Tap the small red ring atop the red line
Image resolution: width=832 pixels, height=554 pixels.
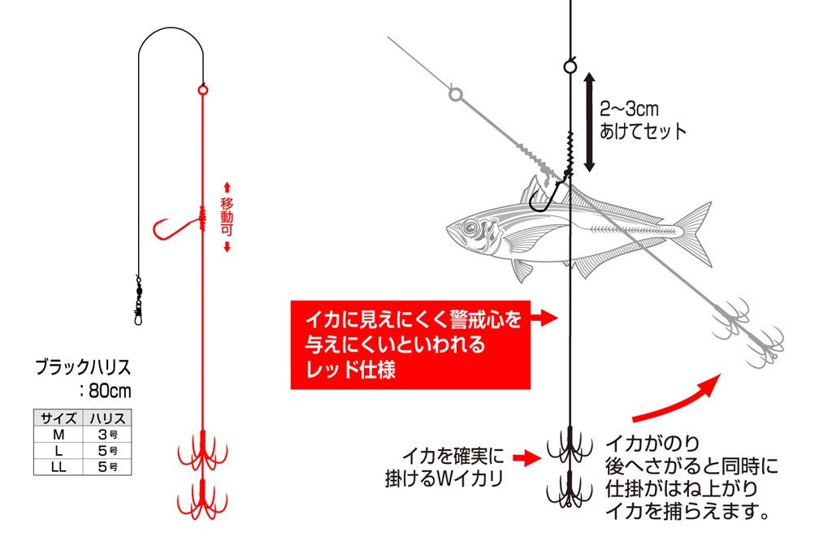202,89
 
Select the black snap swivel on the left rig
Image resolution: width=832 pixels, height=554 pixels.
138,297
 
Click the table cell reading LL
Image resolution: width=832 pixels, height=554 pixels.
58,466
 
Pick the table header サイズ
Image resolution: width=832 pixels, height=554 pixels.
58,418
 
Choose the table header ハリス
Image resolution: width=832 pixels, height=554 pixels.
108,418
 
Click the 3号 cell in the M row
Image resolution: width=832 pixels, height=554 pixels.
108,435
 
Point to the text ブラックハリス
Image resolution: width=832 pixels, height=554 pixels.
83,368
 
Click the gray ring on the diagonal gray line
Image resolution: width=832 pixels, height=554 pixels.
455,95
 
